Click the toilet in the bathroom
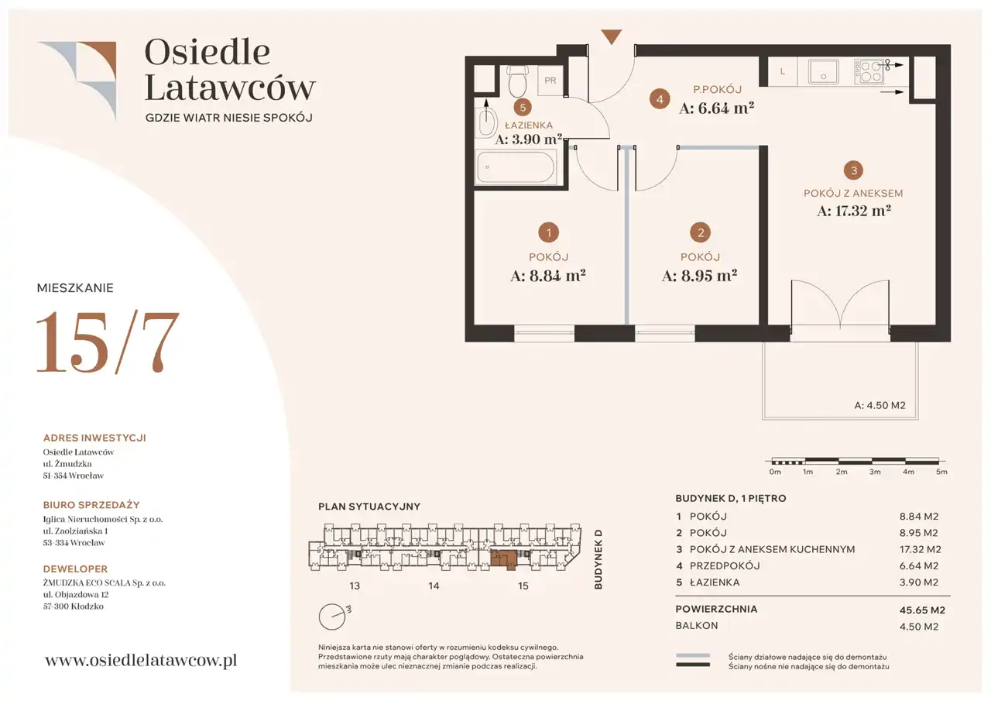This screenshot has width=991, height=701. point(517,81)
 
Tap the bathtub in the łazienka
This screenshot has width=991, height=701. point(516,167)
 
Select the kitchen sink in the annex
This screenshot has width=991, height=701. point(823,71)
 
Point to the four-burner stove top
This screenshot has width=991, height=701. point(869,71)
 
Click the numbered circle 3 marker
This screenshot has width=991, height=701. point(854,170)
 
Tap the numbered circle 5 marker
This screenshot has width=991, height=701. point(523,108)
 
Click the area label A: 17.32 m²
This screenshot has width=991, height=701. point(854,211)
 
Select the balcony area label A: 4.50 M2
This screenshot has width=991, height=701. point(880,405)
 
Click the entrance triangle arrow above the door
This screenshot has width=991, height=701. point(612,36)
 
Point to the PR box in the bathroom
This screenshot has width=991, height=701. point(550,80)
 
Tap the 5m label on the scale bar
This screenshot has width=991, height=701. point(942,472)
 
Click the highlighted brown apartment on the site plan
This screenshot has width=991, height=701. point(503,558)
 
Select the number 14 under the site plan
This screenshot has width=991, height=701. point(434,586)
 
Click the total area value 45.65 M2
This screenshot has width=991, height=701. point(922,610)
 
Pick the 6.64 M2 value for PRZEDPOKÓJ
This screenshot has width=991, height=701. point(919,566)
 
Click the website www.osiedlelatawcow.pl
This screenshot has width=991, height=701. point(141,661)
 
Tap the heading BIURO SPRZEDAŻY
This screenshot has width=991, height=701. point(91,505)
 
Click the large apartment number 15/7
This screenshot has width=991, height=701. point(108,342)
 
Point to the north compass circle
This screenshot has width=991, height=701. point(332,617)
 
